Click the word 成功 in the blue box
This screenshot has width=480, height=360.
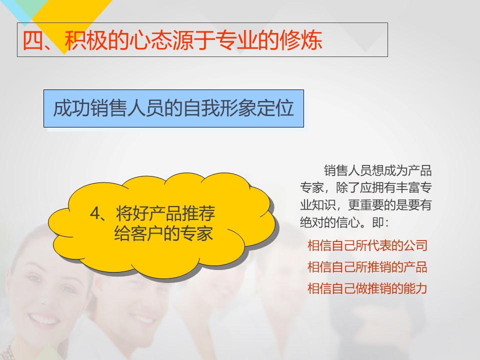pyautogui.click(x=72, y=108)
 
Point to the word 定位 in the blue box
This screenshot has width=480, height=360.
pyautogui.click(x=275, y=108)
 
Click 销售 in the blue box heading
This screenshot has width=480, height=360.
pyautogui.click(x=109, y=108)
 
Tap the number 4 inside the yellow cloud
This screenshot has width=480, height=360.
pyautogui.click(x=95, y=213)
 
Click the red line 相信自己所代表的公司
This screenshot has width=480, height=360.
pyautogui.click(x=367, y=245)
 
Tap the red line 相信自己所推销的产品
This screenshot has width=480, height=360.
pyautogui.click(x=367, y=267)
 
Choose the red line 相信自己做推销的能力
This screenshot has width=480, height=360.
pyautogui.click(x=367, y=288)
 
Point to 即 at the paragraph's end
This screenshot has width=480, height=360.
pyautogui.click(x=378, y=222)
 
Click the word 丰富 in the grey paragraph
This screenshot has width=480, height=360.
pyautogui.click(x=408, y=187)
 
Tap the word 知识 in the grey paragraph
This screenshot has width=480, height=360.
pyautogui.click(x=324, y=205)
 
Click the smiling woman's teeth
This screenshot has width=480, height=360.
pyautogui.click(x=43, y=320)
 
